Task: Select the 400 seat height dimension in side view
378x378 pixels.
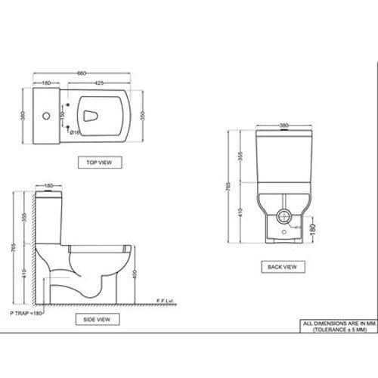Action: point(135,273)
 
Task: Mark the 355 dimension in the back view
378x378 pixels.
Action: point(240,156)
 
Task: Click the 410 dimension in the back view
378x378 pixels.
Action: point(240,214)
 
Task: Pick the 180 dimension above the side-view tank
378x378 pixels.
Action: point(48,185)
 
